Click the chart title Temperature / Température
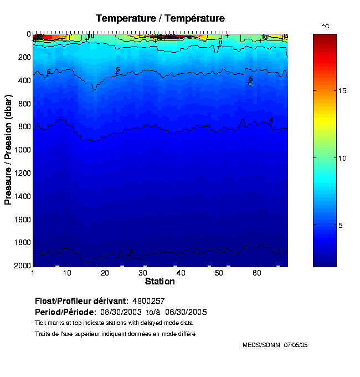point(160,18)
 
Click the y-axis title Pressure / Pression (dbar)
point(8,149)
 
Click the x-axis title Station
point(160,282)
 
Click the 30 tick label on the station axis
point(143,273)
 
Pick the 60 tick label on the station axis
point(257,273)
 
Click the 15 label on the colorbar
point(342,90)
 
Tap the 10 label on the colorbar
point(342,158)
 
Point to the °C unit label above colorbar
point(326,26)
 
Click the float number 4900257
point(148,301)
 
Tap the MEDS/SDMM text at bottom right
point(262,345)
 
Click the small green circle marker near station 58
point(250,84)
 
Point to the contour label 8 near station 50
point(220,43)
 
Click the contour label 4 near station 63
point(271,120)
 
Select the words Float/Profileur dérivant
point(81,301)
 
